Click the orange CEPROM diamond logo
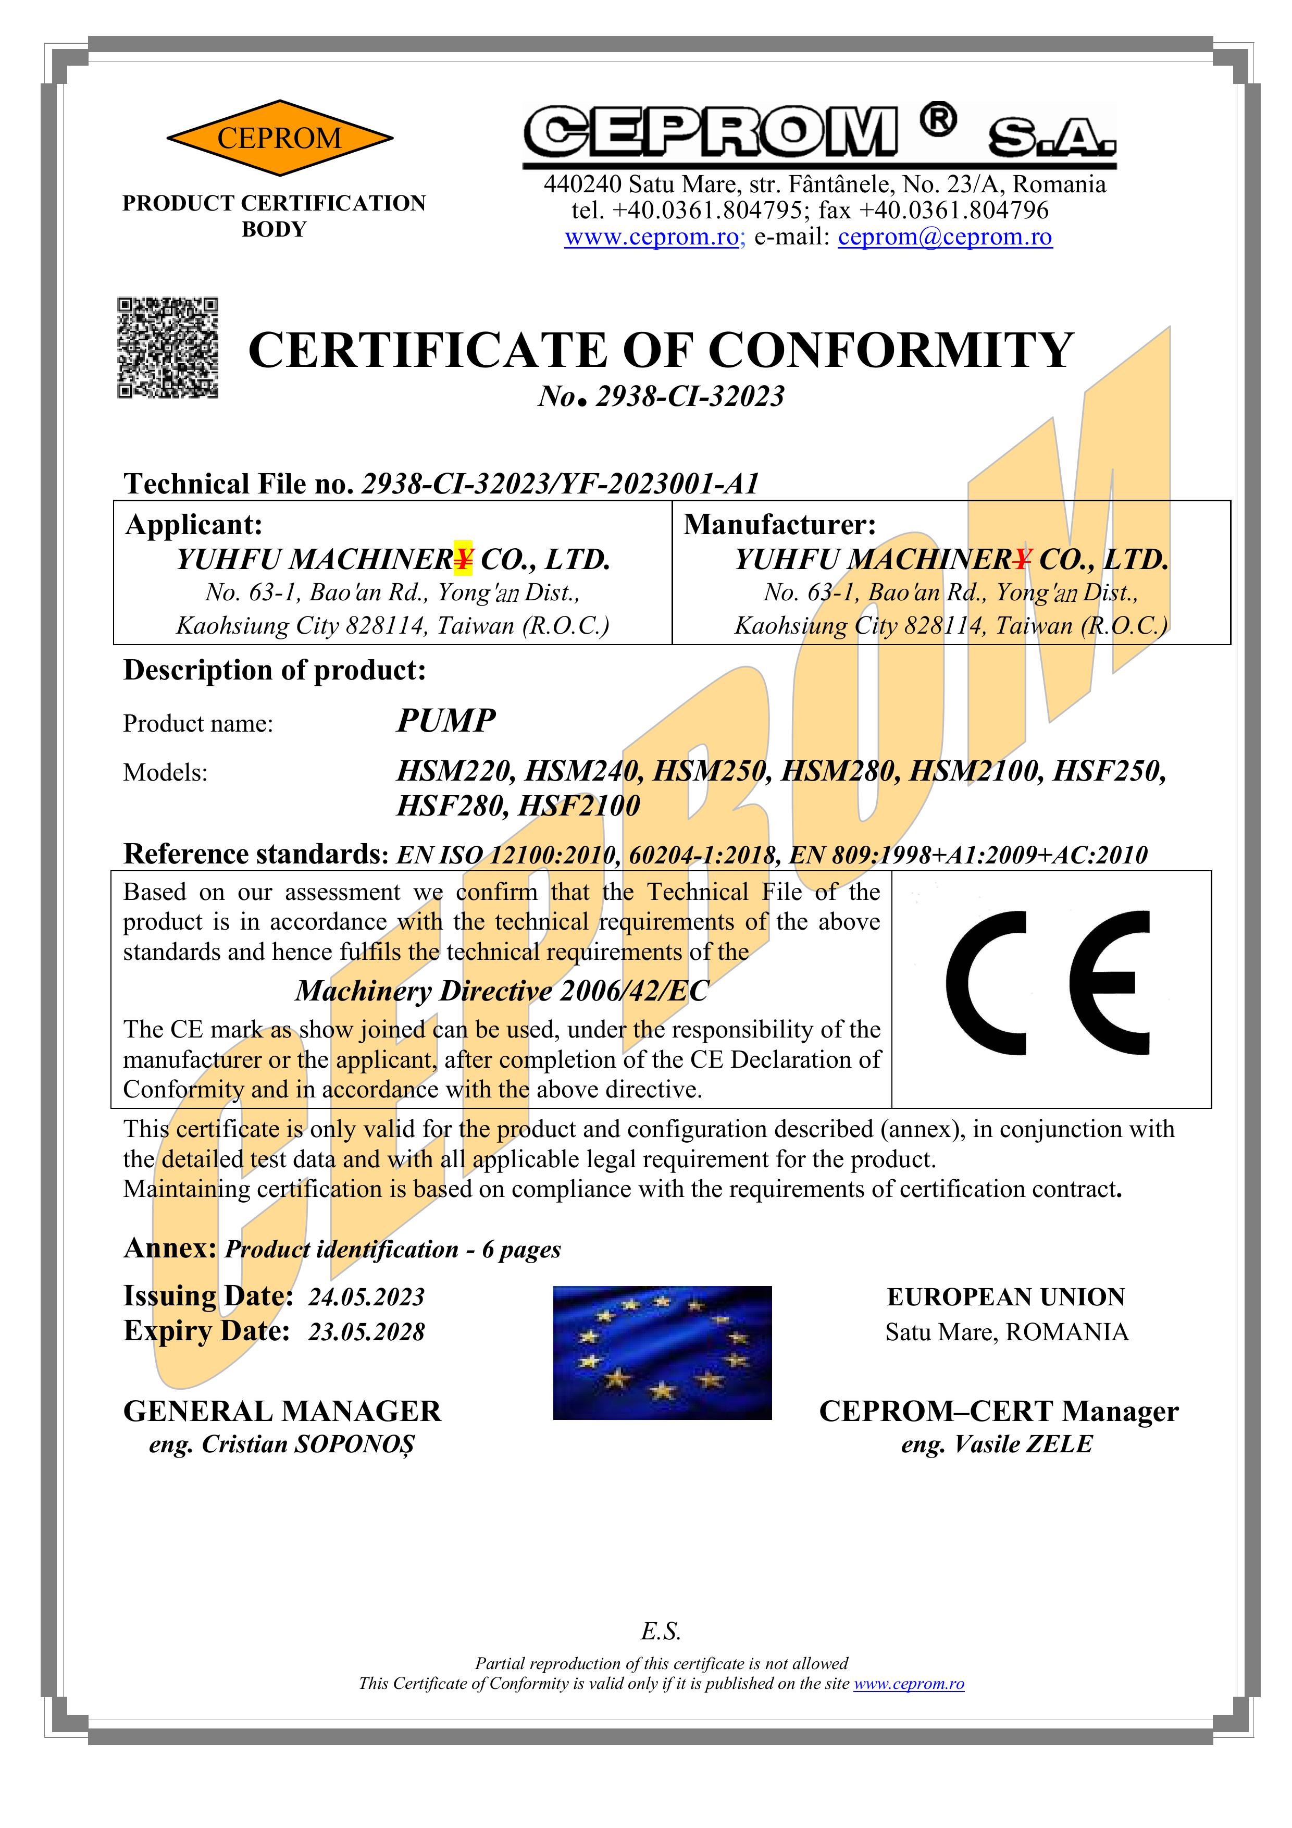[x=279, y=138]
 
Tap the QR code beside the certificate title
[x=168, y=348]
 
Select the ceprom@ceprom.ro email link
[x=945, y=237]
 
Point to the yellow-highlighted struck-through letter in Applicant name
[x=463, y=559]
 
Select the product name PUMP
[x=446, y=721]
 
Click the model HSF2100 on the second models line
[x=579, y=806]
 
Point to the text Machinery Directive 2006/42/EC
[x=502, y=991]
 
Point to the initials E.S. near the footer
[x=661, y=1632]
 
